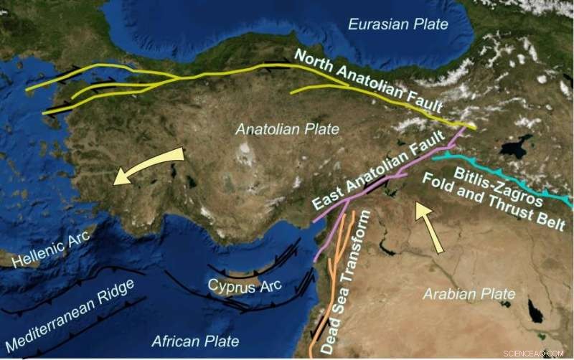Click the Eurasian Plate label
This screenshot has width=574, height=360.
397,25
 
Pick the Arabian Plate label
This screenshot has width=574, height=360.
469,294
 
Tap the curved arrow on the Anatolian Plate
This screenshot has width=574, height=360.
147,166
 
